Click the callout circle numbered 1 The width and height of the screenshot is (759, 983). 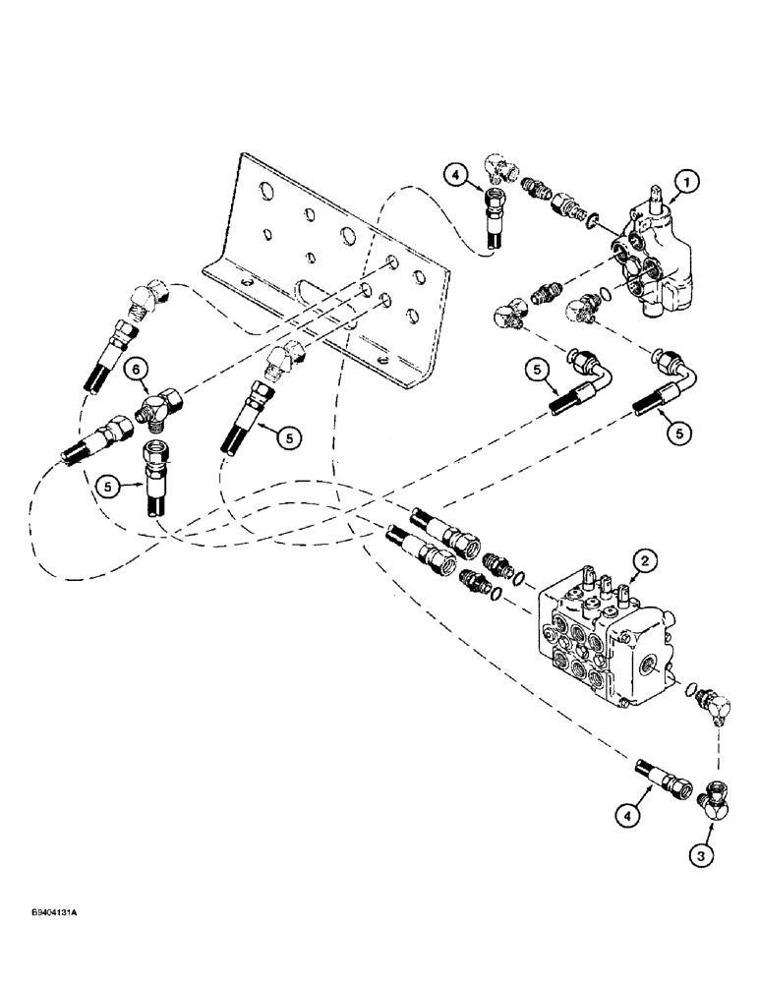(x=687, y=181)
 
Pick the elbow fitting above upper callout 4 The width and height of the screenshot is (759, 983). (x=502, y=167)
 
